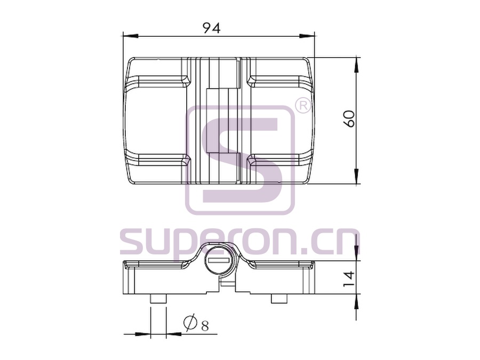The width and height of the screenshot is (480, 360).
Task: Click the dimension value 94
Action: pos(212,28)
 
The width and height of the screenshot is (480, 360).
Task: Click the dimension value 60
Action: pos(349,118)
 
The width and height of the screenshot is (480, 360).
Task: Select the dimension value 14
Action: pos(349,278)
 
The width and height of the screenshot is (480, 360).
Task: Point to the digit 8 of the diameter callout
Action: pos(205,326)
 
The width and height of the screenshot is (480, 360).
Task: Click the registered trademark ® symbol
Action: pos(302,106)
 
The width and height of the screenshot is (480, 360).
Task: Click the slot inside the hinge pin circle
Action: pos(219,260)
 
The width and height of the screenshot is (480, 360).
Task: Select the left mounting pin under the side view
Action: pos(158,299)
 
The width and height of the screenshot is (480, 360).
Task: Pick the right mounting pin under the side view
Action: pos(279,299)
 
